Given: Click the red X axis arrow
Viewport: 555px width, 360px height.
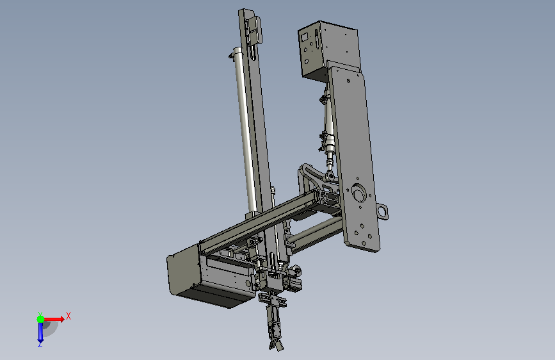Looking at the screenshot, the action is click(x=53, y=319).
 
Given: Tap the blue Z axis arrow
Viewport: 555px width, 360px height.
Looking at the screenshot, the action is click(x=40, y=332).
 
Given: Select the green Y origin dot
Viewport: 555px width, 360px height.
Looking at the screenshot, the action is click(x=40, y=319).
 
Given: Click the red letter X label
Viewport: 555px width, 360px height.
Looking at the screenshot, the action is click(x=68, y=316).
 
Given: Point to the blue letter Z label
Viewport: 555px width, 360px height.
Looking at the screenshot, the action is click(x=40, y=344).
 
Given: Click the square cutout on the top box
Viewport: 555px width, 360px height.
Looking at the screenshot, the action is click(x=305, y=37).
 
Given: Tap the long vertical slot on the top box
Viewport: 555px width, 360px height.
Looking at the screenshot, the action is click(x=317, y=39).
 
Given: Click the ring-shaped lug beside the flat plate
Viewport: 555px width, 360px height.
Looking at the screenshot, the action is click(x=383, y=211).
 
